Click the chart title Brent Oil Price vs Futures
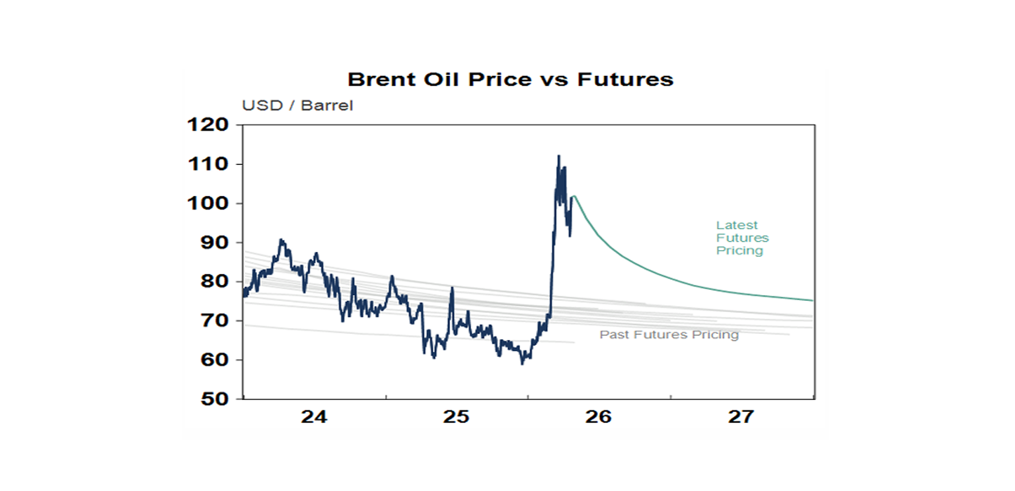(510, 80)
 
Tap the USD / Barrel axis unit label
(297, 106)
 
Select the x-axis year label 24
(314, 417)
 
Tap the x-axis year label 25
(457, 417)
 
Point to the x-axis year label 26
(599, 417)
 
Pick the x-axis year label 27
(741, 417)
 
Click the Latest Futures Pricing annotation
(742, 238)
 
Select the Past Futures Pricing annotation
(669, 335)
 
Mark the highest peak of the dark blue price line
(558, 156)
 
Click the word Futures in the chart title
(625, 80)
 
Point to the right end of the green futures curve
(812, 300)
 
